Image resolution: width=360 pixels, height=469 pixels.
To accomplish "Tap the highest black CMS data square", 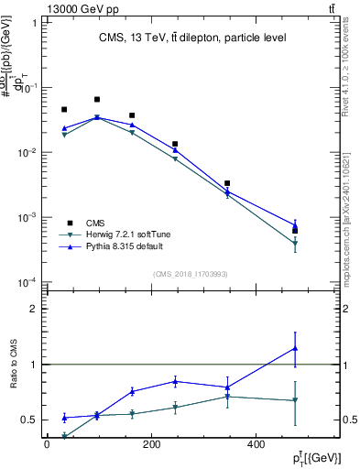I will coord(97,99).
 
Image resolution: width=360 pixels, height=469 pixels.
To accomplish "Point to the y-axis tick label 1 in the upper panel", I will coord(34,23).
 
